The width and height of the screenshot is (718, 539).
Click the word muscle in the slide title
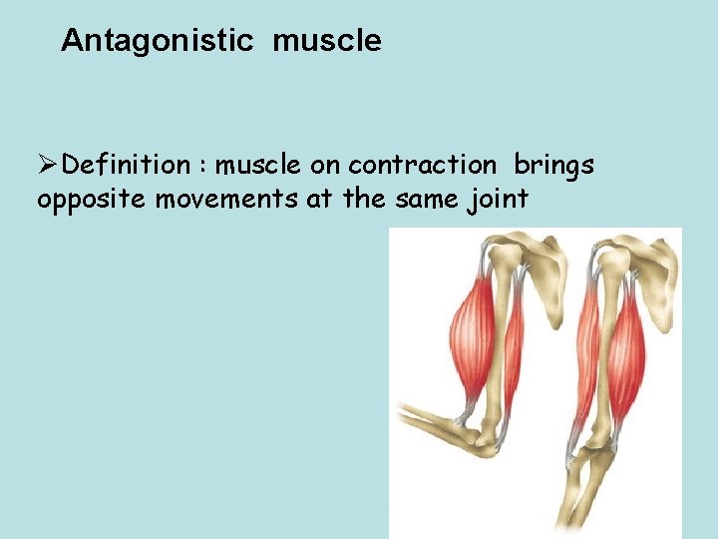[326, 41]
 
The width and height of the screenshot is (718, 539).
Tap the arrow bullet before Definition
[48, 165]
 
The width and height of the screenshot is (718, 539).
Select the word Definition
[126, 165]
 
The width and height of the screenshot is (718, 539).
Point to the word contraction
[422, 165]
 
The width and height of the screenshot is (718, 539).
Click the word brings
[553, 165]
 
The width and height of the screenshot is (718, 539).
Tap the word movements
[220, 199]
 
